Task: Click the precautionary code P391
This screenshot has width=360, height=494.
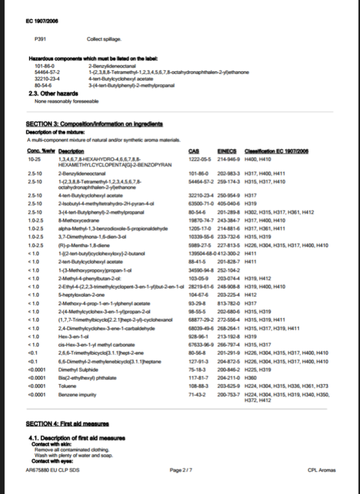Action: pos(40,39)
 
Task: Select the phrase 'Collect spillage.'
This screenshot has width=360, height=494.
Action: pos(103,39)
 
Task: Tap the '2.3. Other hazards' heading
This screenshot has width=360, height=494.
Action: pos(54,94)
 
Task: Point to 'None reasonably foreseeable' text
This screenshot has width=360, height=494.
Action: pos(67,101)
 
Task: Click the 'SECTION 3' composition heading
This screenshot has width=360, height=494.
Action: pos(94,124)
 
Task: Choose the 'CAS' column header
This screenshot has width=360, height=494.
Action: pos(194,151)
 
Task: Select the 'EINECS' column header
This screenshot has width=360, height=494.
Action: pos(225,151)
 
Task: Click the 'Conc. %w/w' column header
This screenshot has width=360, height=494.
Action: pos(40,151)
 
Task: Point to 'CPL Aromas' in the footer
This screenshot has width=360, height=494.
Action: pos(321,470)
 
